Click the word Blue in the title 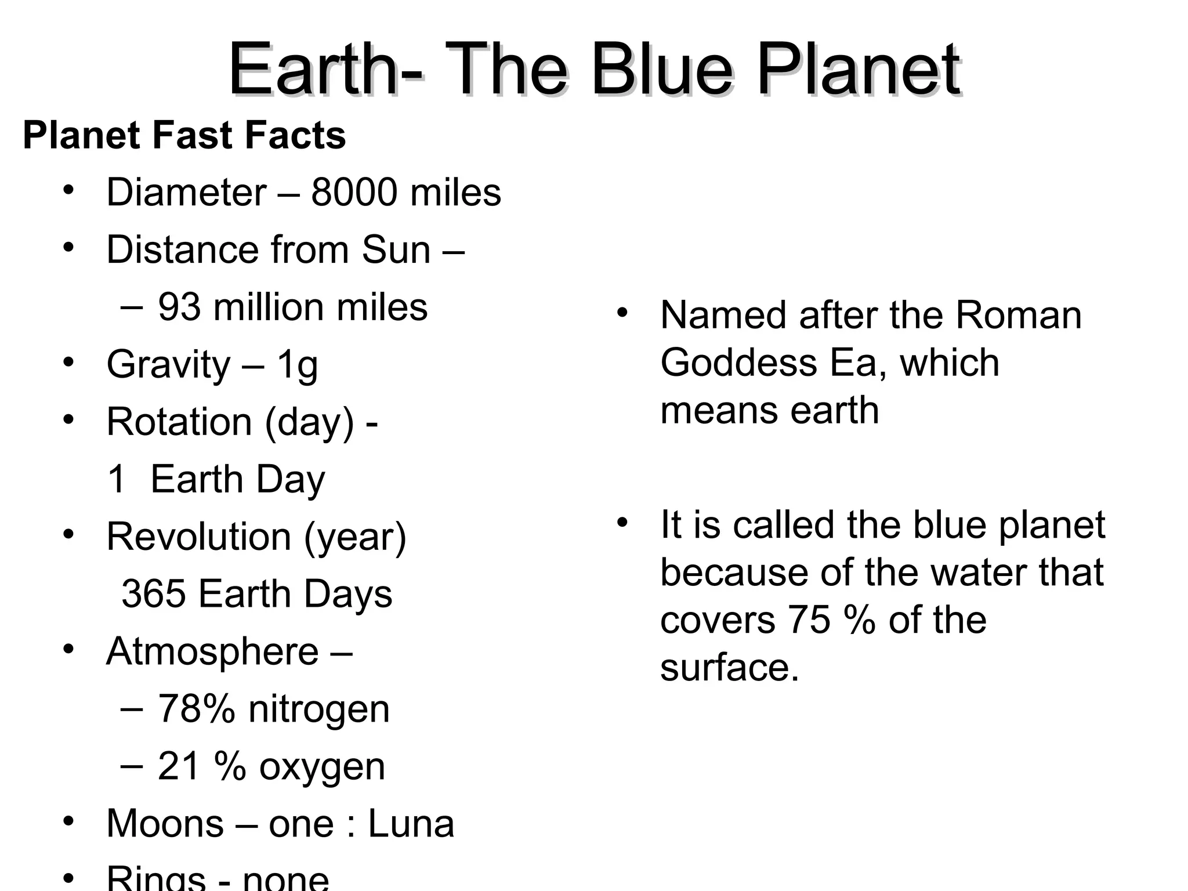662,71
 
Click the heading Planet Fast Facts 184,135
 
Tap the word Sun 396,249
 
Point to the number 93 179,307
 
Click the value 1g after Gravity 297,365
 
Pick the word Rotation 179,422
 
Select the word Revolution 198,537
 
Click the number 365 154,594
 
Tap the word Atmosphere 212,651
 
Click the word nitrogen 318,709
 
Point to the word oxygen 322,766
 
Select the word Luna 411,824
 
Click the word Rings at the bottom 156,879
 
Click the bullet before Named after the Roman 622,313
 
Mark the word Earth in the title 313,71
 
